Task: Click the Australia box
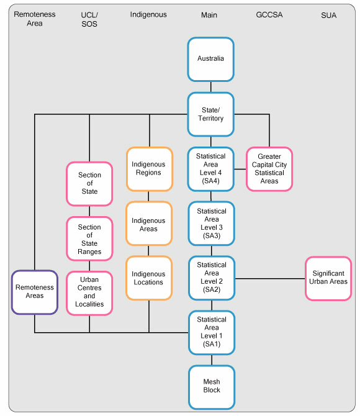coord(211,59)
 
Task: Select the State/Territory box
coord(211,114)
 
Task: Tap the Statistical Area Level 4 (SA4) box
coord(212,169)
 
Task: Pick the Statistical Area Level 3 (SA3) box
coord(212,224)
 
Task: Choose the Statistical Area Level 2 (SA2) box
coord(212,278)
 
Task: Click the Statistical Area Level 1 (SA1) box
coord(212,332)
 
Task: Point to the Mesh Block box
coord(212,386)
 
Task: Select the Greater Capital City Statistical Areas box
coord(269,169)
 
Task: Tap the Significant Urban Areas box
coord(328,278)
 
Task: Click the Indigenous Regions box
coord(149,168)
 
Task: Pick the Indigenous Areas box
coord(149,224)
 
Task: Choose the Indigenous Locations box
coord(149,278)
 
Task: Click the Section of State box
coord(89,184)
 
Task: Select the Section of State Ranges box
coord(89,239)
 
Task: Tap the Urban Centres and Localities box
coord(89,292)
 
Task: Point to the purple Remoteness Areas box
coord(35,292)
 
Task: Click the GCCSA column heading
coord(269,15)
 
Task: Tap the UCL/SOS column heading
coord(89,19)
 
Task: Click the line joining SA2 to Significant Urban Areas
coord(270,278)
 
